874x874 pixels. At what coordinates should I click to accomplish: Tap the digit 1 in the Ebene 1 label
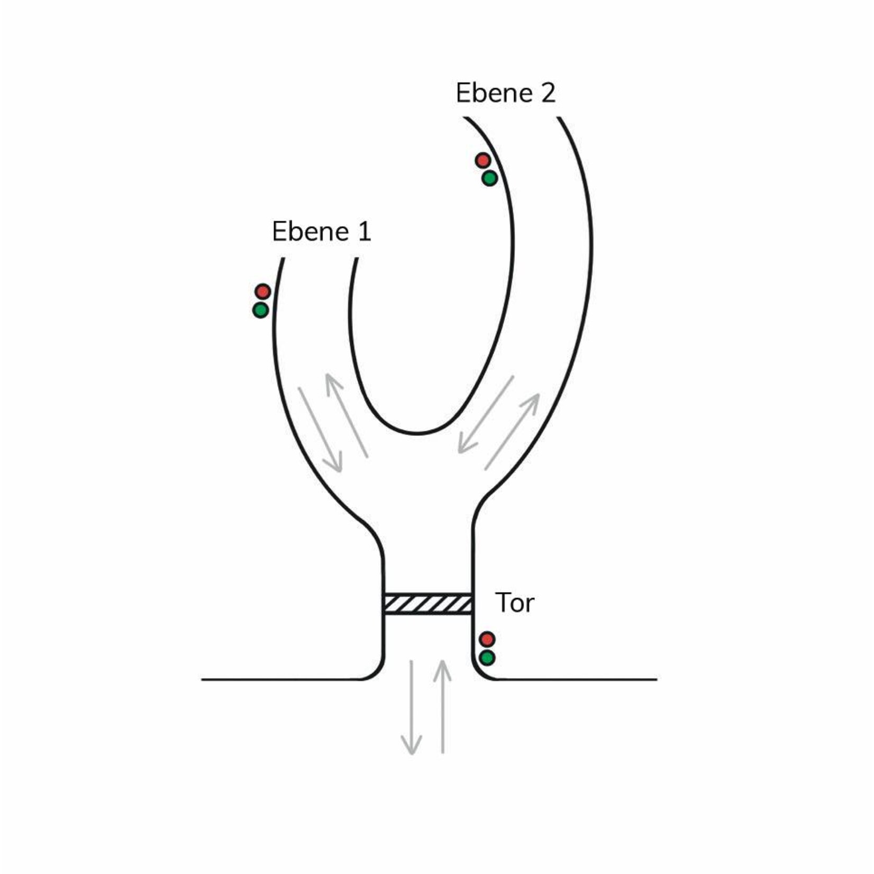coord(364,232)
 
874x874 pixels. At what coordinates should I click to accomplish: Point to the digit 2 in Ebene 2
coord(548,93)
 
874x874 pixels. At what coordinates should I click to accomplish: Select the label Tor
coord(514,603)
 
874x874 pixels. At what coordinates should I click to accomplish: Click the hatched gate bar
coord(427,604)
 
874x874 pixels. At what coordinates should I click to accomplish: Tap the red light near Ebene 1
coord(263,291)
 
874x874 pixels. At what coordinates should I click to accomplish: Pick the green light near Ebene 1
coord(261,310)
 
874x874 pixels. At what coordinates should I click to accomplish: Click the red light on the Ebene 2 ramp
coord(482,160)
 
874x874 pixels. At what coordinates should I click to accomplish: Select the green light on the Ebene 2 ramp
coord(489,178)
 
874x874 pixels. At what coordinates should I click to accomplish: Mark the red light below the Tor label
coord(487,639)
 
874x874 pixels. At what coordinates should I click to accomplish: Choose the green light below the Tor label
coord(487,658)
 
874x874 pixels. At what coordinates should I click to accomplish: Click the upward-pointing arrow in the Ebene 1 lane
coord(347,415)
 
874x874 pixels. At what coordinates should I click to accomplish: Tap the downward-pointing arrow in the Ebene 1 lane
coord(320,429)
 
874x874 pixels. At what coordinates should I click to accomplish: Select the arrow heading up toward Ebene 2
coord(512,431)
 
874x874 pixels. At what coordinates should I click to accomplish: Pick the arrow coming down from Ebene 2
coord(485,415)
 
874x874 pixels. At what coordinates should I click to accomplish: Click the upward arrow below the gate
coord(442,706)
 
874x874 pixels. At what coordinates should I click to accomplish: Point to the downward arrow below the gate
coord(411,706)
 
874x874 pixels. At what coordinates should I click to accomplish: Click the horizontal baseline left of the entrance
coord(280,679)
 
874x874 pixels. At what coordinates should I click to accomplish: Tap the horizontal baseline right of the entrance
coord(577,679)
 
